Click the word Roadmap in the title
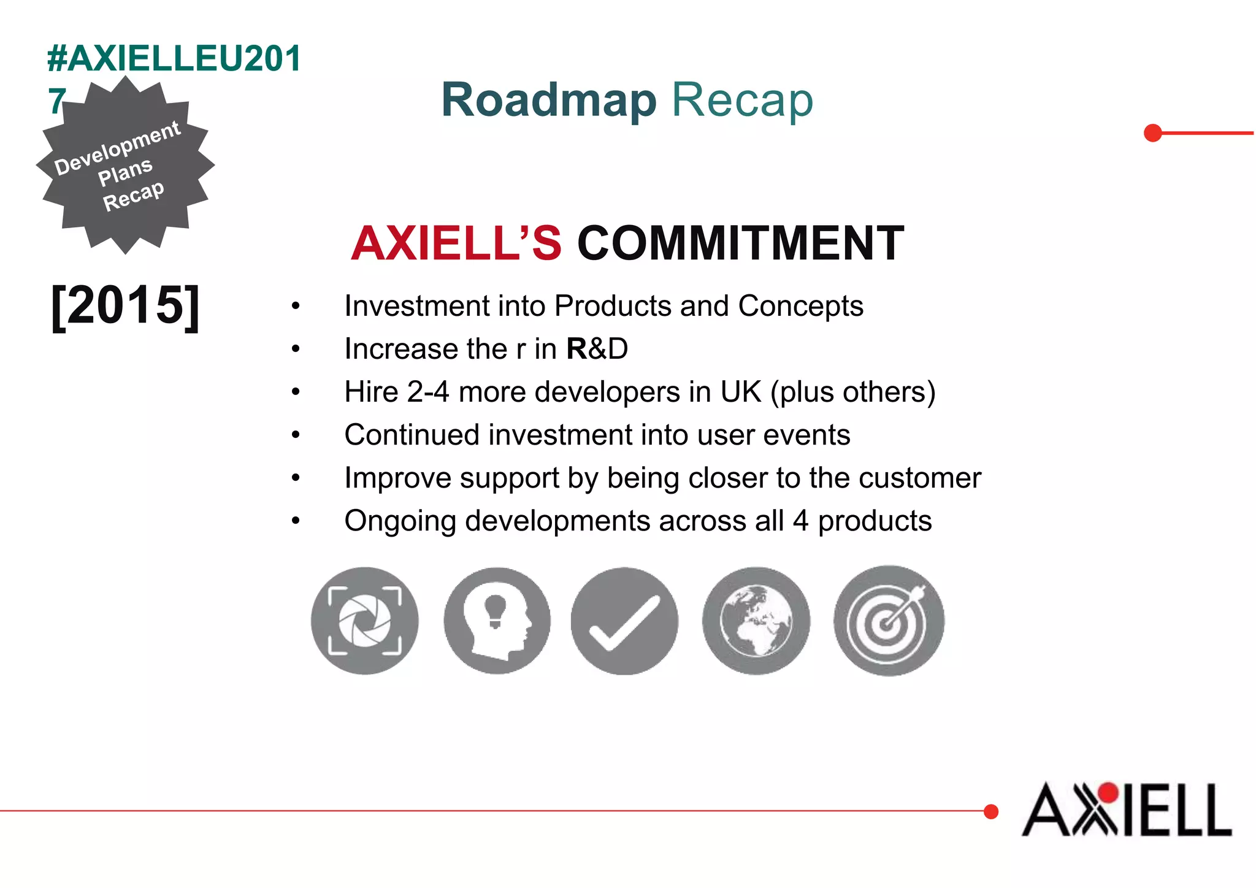549,100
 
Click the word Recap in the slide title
743,100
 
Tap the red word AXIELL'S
456,243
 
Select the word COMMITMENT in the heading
740,243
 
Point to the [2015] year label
125,305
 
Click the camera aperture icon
365,621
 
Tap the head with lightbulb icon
497,621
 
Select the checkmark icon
624,621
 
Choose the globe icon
756,621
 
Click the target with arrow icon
889,621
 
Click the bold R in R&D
576,349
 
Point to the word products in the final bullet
875,521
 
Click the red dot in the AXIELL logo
1108,793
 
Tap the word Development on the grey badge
117,147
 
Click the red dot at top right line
1153,133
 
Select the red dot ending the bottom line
990,811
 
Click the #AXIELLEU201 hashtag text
174,59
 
